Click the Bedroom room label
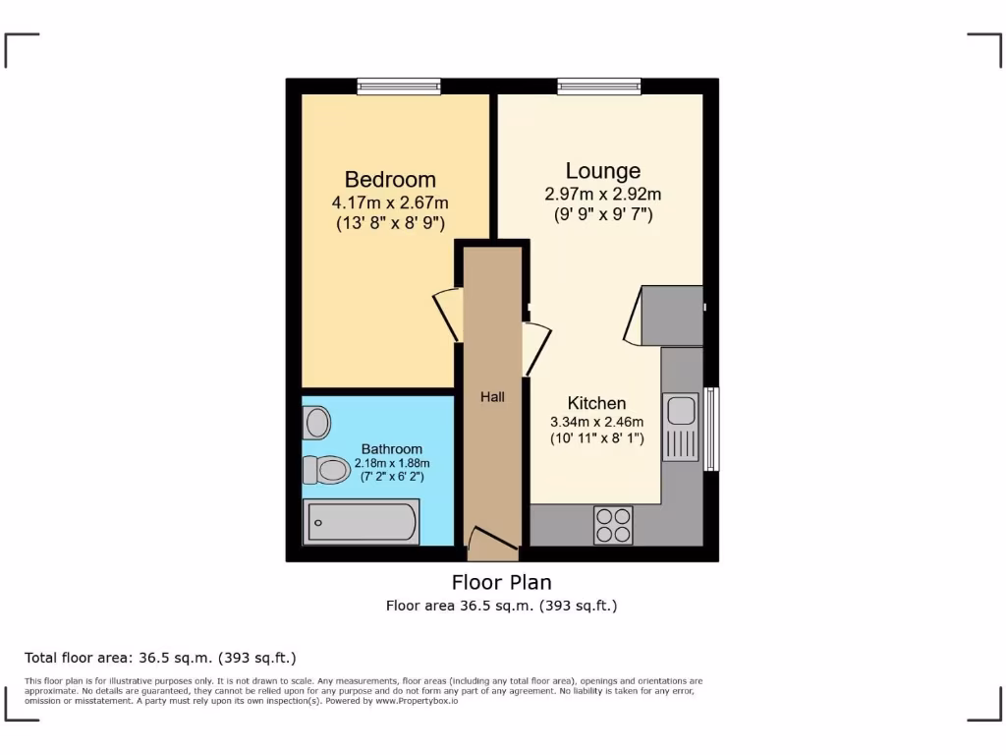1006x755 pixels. click(390, 180)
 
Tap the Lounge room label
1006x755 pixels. click(602, 171)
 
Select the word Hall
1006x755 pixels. click(492, 397)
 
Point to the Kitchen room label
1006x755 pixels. click(596, 403)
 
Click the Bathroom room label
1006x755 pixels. click(392, 449)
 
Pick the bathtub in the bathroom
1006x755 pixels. click(361, 522)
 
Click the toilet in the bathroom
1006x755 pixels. click(327, 472)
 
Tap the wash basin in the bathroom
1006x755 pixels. click(316, 424)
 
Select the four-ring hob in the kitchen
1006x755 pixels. click(613, 525)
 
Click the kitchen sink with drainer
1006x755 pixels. click(680, 426)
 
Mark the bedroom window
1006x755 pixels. click(399, 87)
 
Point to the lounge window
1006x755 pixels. click(599, 87)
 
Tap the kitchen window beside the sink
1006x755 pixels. click(710, 429)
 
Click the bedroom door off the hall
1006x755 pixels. click(448, 314)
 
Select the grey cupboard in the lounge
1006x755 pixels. click(672, 316)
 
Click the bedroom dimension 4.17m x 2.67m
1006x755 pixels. click(390, 203)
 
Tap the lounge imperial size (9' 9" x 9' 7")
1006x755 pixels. click(602, 213)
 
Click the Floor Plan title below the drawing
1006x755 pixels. click(501, 582)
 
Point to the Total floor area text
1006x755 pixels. click(160, 658)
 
